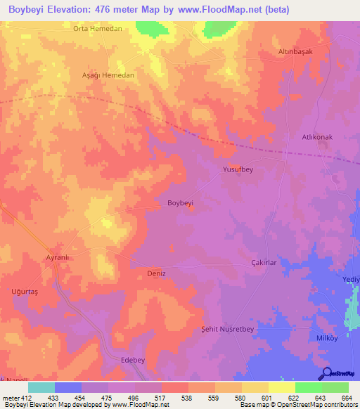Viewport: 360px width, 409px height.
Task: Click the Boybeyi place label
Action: click(x=180, y=203)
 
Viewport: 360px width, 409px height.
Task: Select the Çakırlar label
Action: click(x=266, y=262)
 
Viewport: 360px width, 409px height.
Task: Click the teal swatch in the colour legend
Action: click(x=41, y=387)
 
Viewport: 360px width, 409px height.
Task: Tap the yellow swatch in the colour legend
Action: click(x=282, y=387)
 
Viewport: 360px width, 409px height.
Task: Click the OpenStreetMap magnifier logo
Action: click(x=326, y=373)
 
